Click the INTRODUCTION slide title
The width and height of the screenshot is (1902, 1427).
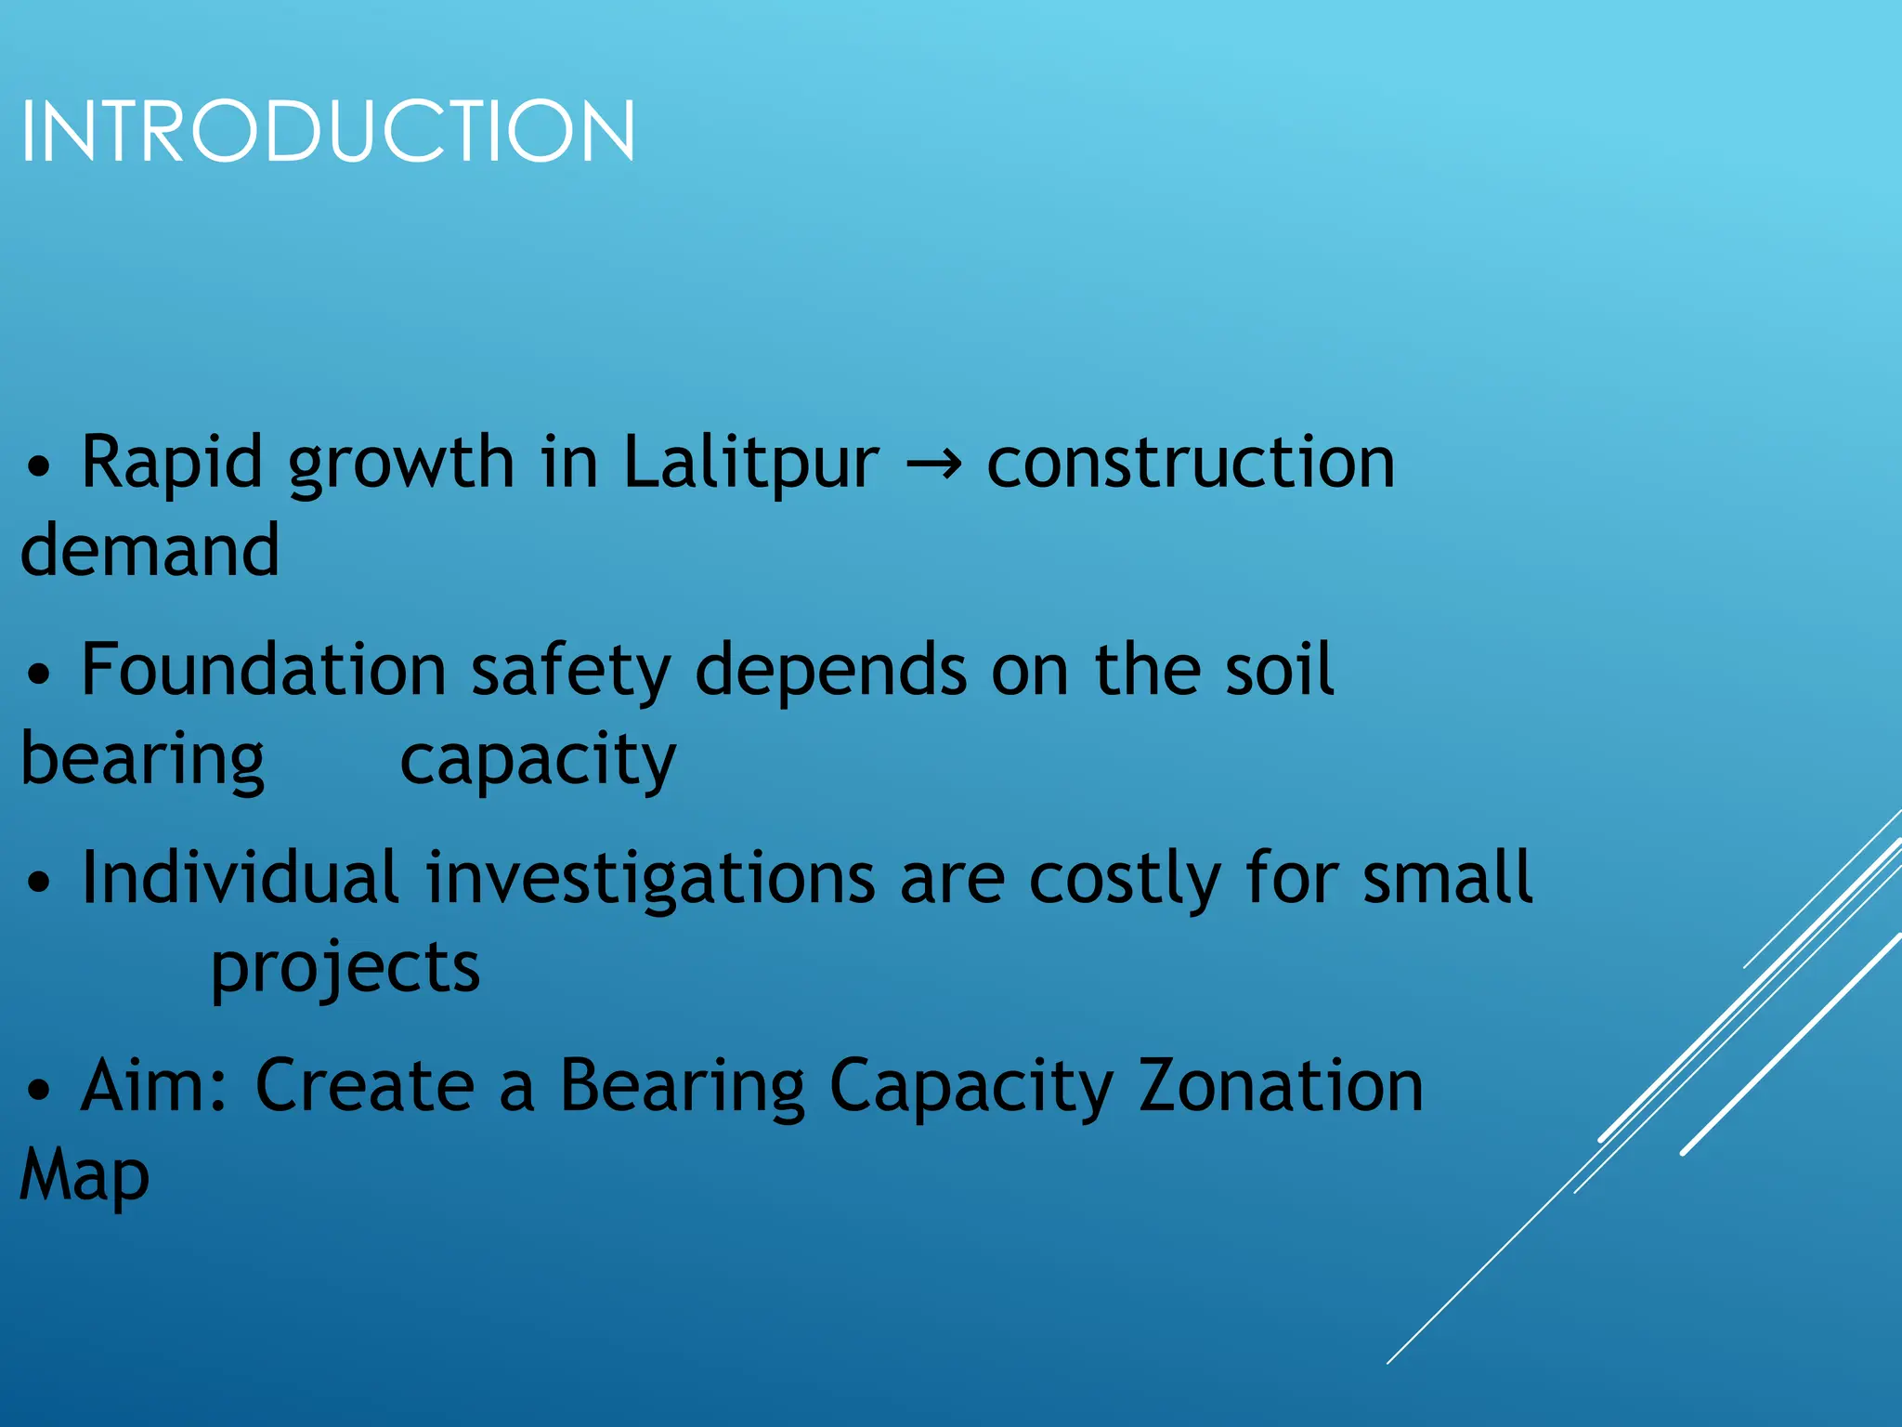pos(327,132)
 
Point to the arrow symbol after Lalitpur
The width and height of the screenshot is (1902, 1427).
pos(932,464)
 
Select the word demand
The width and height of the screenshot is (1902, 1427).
pos(150,550)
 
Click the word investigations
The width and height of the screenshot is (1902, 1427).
pos(650,879)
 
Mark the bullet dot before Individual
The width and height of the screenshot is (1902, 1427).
pos(38,883)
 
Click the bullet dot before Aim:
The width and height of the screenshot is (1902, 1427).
pos(38,1091)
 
